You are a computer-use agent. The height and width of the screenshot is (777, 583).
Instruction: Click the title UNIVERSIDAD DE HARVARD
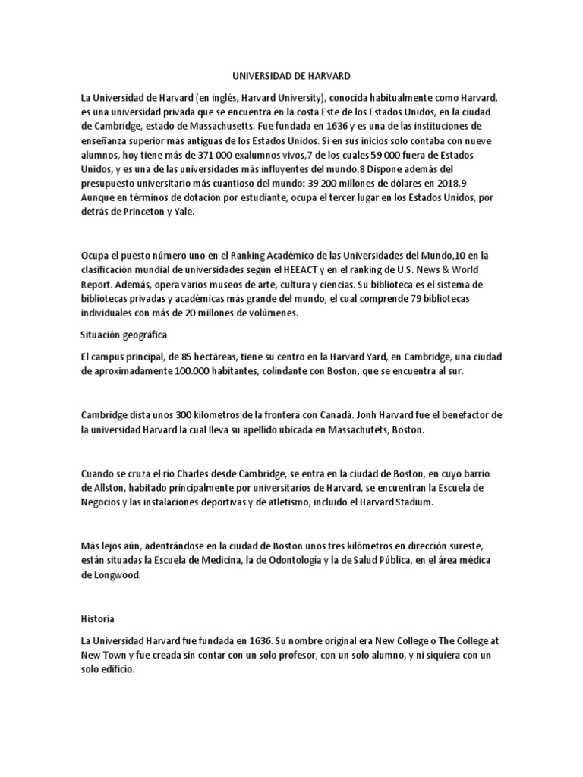(x=291, y=77)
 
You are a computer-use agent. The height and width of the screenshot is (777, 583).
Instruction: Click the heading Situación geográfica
(x=124, y=335)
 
